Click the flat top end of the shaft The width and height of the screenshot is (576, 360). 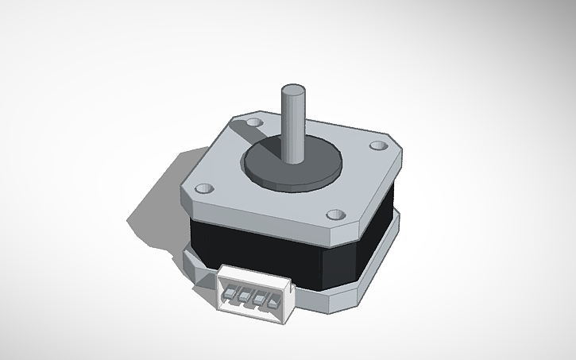click(x=293, y=88)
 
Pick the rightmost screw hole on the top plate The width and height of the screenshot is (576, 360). click(x=377, y=146)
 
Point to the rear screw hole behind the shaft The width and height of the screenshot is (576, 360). click(x=253, y=123)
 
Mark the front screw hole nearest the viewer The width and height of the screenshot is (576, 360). click(x=335, y=215)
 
